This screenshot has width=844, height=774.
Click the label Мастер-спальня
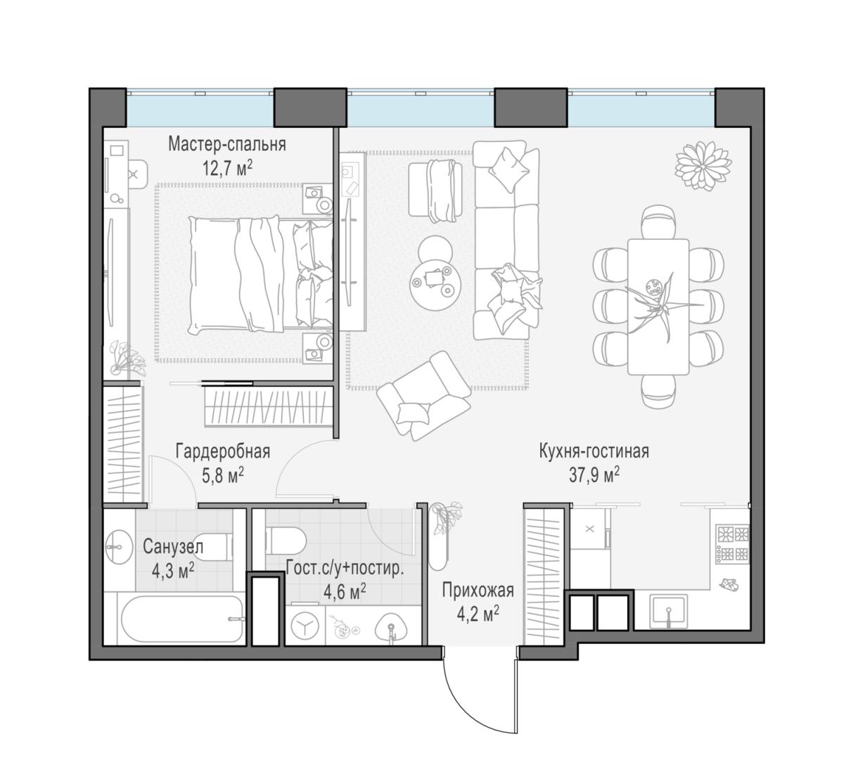(x=227, y=144)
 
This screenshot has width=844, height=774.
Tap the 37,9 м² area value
(x=594, y=476)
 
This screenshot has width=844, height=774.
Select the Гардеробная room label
(x=222, y=451)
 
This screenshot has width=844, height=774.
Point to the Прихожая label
(x=478, y=591)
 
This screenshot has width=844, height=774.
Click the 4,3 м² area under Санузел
(x=173, y=572)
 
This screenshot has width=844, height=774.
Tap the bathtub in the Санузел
(x=181, y=619)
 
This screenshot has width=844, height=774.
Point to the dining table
(x=658, y=307)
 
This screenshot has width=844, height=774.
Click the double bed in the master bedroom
(x=262, y=276)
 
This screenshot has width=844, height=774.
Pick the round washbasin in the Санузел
(x=120, y=547)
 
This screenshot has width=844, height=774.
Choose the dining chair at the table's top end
(x=659, y=221)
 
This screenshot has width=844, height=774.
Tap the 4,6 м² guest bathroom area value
(x=344, y=592)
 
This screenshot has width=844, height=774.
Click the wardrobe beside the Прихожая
(x=544, y=576)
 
